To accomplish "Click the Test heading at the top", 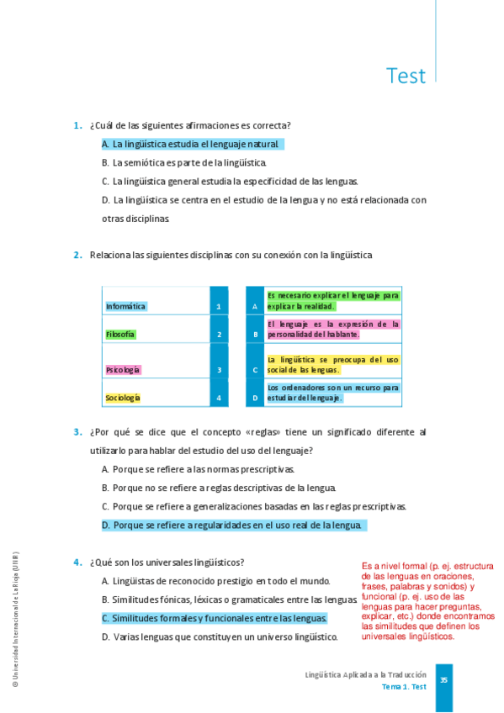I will click(406, 76).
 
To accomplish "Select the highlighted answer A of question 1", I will click(193, 145).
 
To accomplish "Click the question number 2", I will click(77, 255).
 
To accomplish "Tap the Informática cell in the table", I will click(126, 306).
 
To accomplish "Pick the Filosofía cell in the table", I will click(121, 334).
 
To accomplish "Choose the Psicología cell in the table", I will click(124, 369).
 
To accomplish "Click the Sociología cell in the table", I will click(124, 397).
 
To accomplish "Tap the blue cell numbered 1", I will click(219, 306).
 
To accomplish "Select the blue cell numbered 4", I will click(219, 397).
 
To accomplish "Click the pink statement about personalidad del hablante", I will click(332, 329).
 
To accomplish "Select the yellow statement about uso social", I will click(332, 364).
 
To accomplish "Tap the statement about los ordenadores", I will click(332, 393).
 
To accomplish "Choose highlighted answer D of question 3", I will click(234, 525).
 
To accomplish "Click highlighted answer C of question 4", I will click(214, 618).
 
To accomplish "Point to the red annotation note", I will click(427, 600).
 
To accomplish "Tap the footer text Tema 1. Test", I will click(404, 687).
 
